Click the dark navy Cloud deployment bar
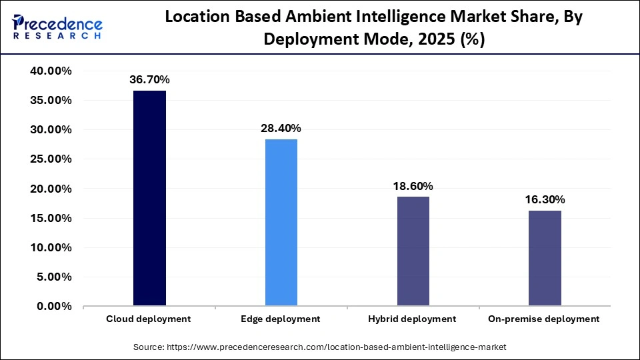click(x=149, y=199)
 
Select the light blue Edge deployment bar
click(x=281, y=223)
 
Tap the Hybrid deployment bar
click(x=413, y=251)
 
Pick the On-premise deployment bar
click(x=545, y=259)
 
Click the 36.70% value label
click(x=149, y=80)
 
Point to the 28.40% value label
click(x=281, y=128)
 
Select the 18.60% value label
click(x=413, y=186)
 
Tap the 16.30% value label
click(x=545, y=199)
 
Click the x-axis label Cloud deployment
click(x=149, y=319)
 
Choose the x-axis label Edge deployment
click(x=281, y=319)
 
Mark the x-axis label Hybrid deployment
click(x=412, y=319)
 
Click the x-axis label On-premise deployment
click(x=545, y=319)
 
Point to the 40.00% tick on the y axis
click(x=52, y=71)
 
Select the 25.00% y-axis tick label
click(x=52, y=159)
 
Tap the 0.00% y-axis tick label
click(x=55, y=307)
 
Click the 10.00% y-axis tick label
click(x=52, y=248)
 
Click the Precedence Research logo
click(x=57, y=27)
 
